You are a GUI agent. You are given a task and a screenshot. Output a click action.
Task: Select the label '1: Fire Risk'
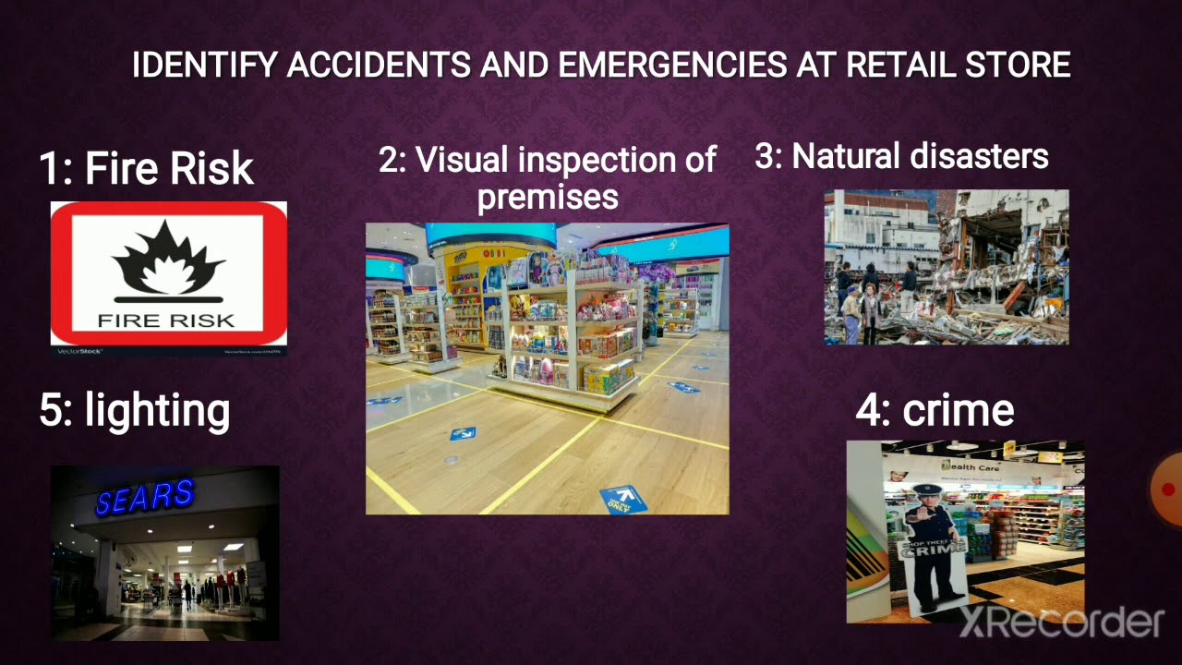point(146,169)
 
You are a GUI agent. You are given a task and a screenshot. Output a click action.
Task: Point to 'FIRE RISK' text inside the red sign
point(167,320)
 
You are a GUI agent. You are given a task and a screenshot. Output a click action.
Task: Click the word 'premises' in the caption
point(548,197)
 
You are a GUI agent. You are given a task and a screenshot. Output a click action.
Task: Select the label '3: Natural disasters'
point(901,156)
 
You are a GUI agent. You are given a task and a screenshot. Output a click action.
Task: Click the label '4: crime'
point(935,411)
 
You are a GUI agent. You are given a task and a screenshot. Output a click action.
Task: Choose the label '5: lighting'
point(135,410)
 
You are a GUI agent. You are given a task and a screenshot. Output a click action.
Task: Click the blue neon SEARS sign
point(145,497)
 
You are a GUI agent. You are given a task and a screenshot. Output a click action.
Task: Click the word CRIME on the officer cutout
point(935,548)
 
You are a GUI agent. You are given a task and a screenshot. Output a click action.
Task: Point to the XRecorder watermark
point(1061,623)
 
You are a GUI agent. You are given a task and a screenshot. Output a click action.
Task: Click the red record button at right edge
point(1168,490)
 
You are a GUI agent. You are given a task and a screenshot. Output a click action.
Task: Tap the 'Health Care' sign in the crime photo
point(970,465)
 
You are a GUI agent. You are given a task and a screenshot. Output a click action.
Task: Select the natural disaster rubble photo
point(947,267)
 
